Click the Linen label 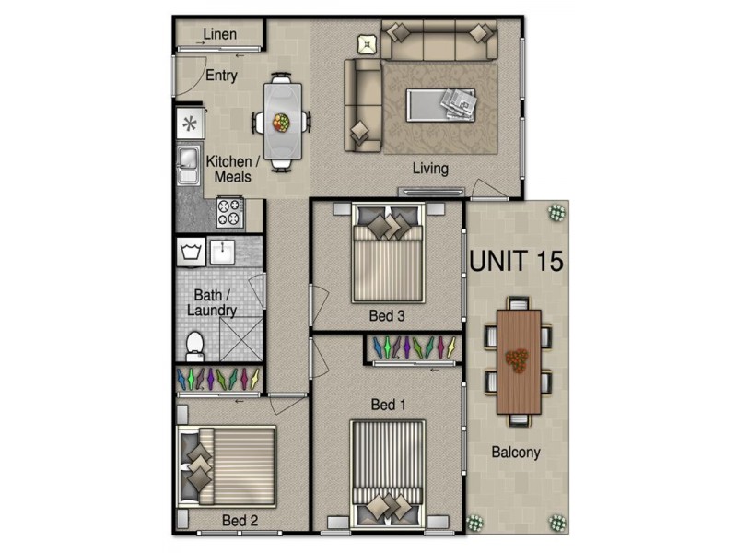219,35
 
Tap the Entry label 221,76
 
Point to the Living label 430,169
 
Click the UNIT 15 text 516,260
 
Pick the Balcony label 515,453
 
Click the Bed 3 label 387,316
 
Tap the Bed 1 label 388,405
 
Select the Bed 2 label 240,521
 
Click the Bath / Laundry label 212,303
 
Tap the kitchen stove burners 229,213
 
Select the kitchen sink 188,164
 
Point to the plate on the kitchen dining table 281,122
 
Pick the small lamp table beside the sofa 368,43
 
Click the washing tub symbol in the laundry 192,252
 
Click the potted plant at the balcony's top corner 557,212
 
